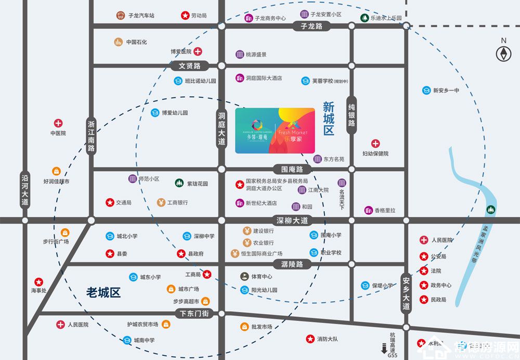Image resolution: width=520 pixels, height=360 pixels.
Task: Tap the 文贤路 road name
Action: click(190, 66)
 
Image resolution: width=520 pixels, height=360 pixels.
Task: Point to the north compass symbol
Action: click(503, 53)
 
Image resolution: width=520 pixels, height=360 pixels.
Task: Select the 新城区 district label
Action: click(329, 118)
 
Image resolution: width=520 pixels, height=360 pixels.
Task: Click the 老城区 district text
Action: click(103, 292)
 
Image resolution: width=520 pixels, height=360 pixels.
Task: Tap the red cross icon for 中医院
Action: click(58, 123)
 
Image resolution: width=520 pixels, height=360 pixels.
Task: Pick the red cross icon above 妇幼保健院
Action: click(375, 144)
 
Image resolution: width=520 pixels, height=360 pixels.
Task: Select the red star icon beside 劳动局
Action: click(185, 16)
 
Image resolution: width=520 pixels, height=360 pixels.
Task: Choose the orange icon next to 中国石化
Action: click(119, 42)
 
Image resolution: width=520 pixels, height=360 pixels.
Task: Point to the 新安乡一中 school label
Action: click(446, 91)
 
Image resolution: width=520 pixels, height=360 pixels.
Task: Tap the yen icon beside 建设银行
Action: click(247, 231)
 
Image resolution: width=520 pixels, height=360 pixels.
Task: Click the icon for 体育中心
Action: click(244, 276)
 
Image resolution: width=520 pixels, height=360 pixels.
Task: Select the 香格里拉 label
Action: click(385, 210)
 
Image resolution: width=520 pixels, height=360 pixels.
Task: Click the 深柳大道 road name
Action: click(292, 221)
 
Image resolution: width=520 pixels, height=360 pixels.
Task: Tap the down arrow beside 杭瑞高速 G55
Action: click(384, 349)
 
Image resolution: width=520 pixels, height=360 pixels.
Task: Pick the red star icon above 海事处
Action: click(38, 281)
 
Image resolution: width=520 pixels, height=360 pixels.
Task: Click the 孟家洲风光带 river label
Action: click(474, 246)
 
